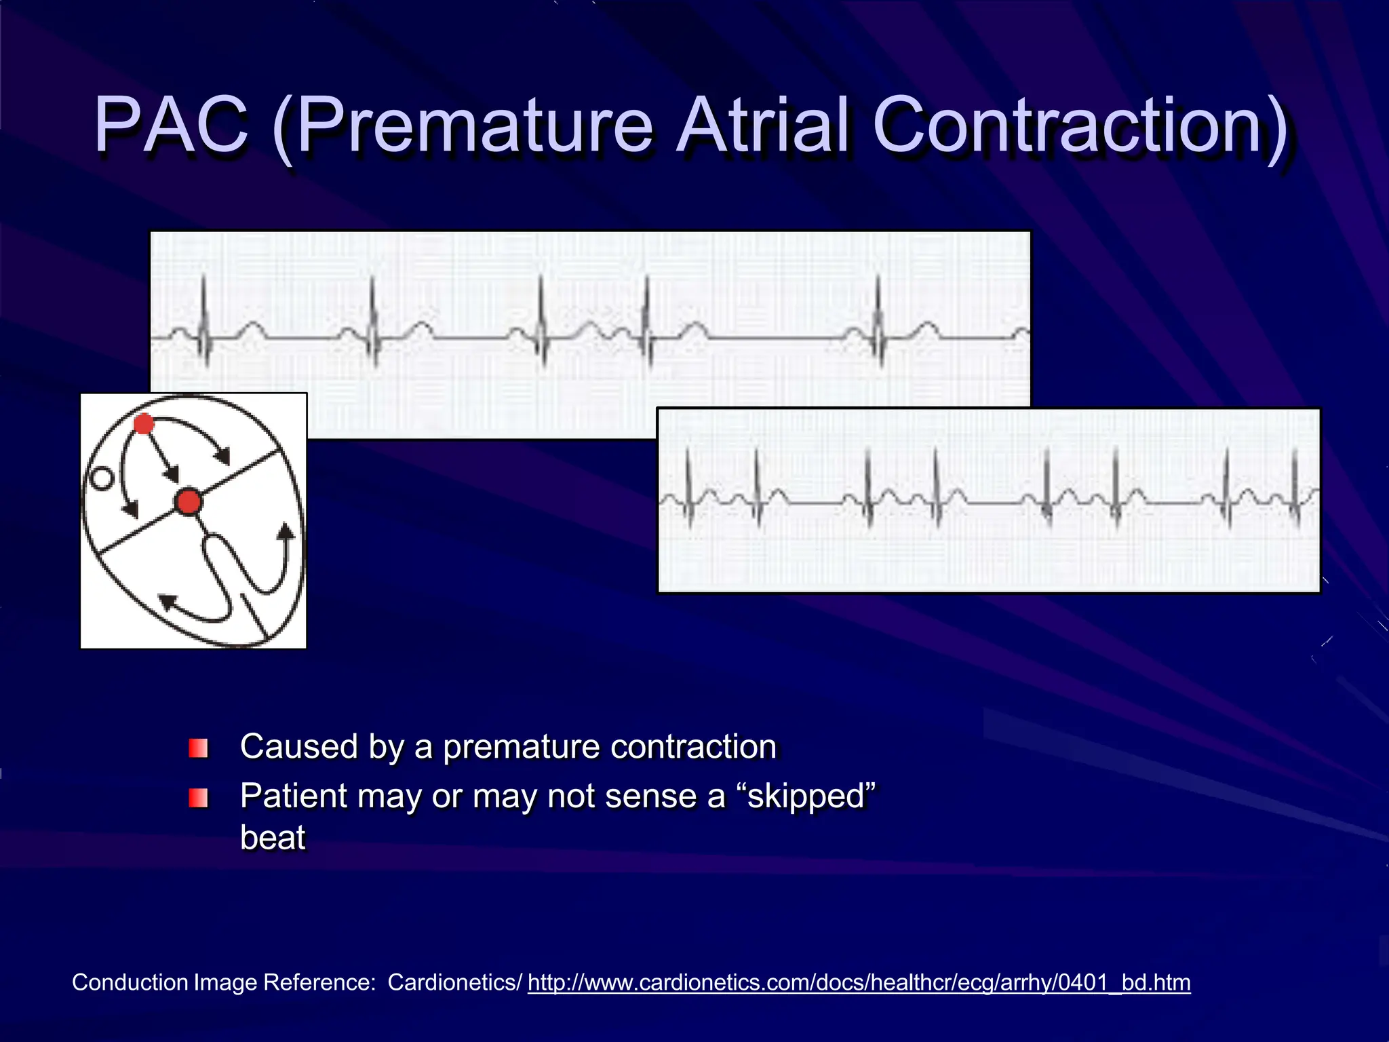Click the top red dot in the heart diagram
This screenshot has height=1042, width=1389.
coord(144,425)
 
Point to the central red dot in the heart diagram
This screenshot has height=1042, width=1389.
coord(188,502)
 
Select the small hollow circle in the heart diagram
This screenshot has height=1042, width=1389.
coord(102,479)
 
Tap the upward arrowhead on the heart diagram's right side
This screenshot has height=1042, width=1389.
coord(287,530)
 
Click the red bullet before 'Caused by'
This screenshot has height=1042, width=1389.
coord(198,749)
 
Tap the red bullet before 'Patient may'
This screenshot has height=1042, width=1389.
coord(198,798)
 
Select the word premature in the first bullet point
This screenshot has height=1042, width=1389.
coord(521,748)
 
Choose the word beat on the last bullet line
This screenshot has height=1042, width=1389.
coord(273,838)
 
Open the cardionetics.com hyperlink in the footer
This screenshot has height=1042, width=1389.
coord(859,983)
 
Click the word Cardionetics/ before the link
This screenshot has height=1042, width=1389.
coord(455,983)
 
